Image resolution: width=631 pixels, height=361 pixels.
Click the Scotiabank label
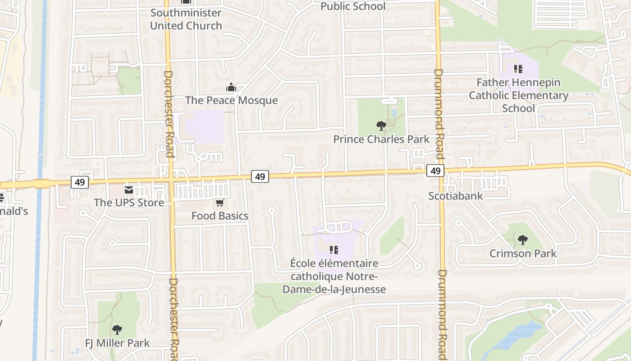click(455, 196)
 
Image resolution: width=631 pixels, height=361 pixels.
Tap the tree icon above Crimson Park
click(522, 240)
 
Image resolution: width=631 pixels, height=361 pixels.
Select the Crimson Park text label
click(523, 254)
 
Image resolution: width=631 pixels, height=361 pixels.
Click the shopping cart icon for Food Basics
click(219, 203)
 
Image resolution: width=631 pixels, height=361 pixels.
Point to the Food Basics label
click(220, 216)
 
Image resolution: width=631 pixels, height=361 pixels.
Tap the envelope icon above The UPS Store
click(129, 190)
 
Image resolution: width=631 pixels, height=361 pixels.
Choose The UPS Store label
click(129, 203)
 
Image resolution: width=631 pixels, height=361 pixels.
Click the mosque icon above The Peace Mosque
click(231, 87)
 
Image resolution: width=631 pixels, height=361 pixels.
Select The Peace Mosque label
click(232, 100)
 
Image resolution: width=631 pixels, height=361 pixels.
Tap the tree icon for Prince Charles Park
click(381, 126)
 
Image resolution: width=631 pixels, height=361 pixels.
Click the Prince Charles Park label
click(381, 139)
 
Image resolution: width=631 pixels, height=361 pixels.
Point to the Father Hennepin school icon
click(518, 69)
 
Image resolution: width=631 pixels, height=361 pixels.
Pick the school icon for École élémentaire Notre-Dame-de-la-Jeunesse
click(334, 250)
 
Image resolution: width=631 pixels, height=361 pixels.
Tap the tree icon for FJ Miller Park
click(117, 330)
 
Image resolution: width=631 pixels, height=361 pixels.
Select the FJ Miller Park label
click(117, 343)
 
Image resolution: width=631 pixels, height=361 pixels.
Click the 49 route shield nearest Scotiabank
click(435, 171)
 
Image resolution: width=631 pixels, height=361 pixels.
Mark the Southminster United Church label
click(186, 19)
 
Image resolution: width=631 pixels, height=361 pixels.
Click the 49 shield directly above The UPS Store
click(80, 182)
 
